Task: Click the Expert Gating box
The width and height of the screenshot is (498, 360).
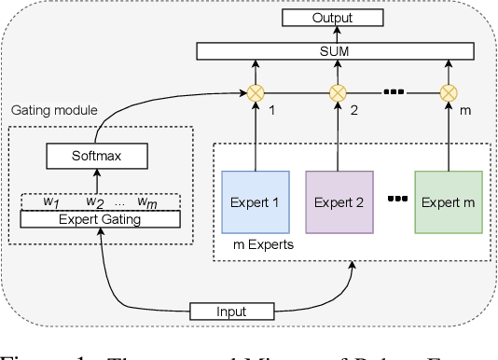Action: pos(100,219)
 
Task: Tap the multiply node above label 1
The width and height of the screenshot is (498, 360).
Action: pos(253,92)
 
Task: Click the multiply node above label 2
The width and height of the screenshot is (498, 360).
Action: pos(339,92)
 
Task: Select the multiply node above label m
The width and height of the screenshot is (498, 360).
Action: pos(449,92)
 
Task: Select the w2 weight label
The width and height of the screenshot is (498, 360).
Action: pos(95,201)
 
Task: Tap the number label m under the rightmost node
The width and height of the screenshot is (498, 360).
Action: pos(465,110)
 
